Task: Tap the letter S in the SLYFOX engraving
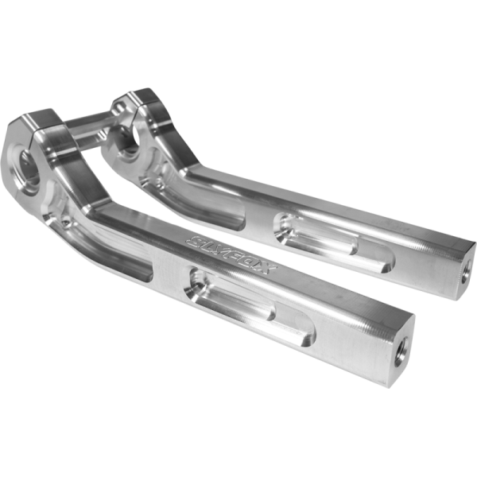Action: click(193, 240)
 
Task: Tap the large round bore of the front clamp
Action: click(29, 168)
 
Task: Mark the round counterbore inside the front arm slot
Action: click(196, 282)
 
